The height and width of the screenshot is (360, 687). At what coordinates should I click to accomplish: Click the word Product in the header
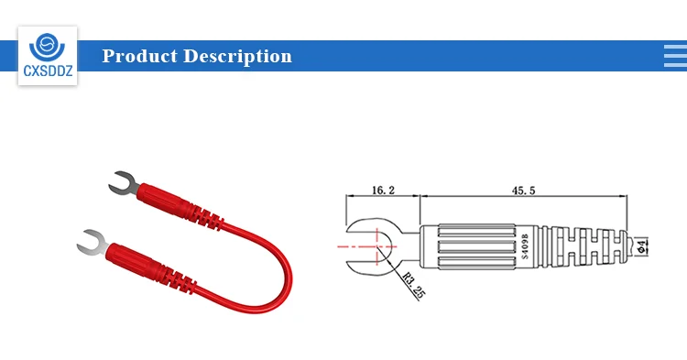pyautogui.click(x=139, y=56)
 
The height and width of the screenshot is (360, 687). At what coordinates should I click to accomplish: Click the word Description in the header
pyautogui.click(x=237, y=56)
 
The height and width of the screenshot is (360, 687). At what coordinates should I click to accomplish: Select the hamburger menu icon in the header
pyautogui.click(x=674, y=56)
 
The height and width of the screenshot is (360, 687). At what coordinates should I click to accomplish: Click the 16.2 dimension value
pyautogui.click(x=382, y=191)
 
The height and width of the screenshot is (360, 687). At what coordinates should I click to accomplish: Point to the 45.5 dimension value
pyautogui.click(x=526, y=191)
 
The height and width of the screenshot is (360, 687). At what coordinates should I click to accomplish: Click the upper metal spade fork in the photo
pyautogui.click(x=122, y=184)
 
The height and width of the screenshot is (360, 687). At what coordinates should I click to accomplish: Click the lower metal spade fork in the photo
pyautogui.click(x=89, y=244)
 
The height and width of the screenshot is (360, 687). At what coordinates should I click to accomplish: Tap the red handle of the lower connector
pyautogui.click(x=137, y=258)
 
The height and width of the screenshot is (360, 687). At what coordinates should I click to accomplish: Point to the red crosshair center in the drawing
pyautogui.click(x=375, y=246)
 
